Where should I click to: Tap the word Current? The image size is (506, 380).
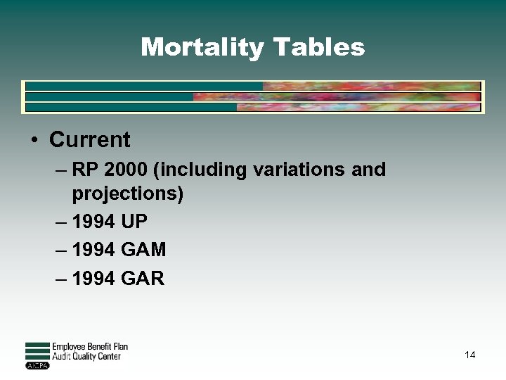coord(89,139)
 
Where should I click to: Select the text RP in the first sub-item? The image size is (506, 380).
coord(85,170)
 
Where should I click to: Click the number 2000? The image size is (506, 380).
coord(127,170)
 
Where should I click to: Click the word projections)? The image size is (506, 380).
coord(128,194)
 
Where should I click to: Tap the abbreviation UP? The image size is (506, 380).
coord(134,222)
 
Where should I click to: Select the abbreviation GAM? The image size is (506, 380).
coord(144,251)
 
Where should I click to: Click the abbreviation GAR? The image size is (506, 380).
coord(143,279)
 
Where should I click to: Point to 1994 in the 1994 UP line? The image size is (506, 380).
coord(94,222)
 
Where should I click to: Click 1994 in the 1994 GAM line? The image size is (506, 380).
coord(94,251)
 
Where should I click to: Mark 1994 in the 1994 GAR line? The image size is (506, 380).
coord(94,279)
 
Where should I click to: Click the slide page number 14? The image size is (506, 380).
coord(470,355)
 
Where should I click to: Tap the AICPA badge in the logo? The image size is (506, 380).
coord(36,366)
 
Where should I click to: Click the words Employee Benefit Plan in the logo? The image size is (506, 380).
coord(90,347)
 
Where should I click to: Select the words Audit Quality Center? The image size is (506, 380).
coord(86,357)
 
